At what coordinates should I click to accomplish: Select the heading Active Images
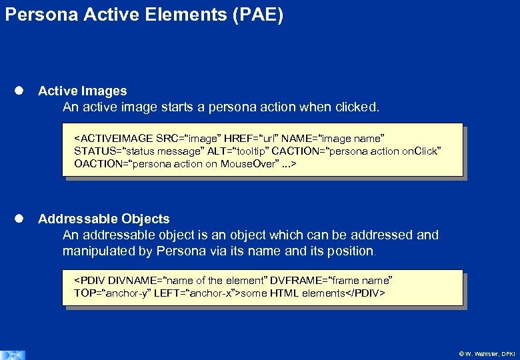coord(82,91)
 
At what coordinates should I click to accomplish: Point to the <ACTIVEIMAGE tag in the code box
coord(113,139)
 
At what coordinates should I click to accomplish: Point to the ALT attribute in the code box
coord(198,151)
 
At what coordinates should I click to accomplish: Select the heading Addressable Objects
coord(104,219)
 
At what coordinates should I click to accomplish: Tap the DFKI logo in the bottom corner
coord(13,354)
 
